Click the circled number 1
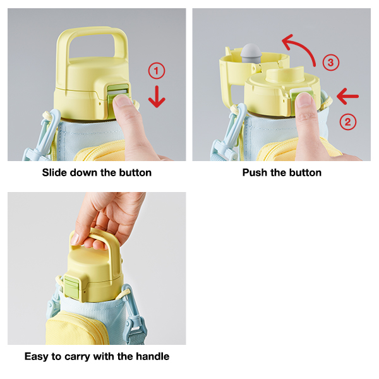point(157,71)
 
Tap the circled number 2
point(348,121)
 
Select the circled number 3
point(331,63)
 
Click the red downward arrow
point(157,97)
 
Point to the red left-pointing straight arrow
point(347,96)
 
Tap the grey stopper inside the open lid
point(251,53)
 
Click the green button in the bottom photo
point(71,286)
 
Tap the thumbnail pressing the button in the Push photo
point(304,100)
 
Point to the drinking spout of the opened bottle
point(285,75)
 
